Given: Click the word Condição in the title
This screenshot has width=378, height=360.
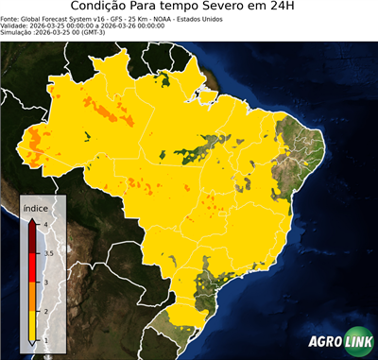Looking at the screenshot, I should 102,7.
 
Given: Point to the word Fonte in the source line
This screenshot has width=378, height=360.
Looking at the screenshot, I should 10,18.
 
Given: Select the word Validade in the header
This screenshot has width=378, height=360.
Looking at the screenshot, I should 15,25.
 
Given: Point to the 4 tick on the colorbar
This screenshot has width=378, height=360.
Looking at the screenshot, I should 45,224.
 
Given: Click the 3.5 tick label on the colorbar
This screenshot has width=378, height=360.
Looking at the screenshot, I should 47,253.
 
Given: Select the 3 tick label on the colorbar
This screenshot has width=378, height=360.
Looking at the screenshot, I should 44,283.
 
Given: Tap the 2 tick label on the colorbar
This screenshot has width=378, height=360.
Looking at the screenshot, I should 44,312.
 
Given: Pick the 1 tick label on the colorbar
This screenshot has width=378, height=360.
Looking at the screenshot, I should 44,341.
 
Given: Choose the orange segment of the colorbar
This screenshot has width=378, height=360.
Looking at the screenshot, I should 33,297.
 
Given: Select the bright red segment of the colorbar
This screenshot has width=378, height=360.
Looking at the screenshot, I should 33,267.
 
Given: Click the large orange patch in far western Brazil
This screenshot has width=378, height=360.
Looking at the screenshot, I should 36,145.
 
